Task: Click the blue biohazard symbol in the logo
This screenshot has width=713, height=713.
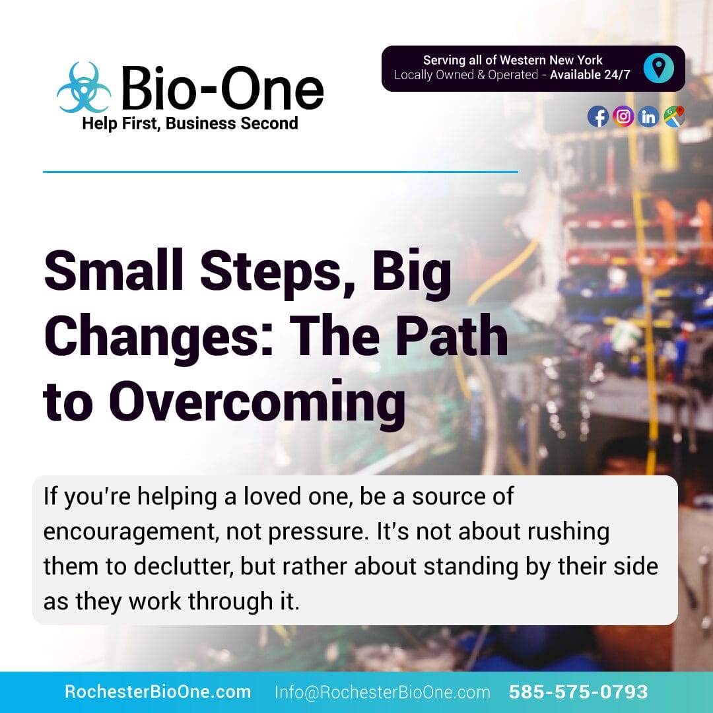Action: [x=84, y=88]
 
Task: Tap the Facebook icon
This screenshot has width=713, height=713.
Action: [x=598, y=117]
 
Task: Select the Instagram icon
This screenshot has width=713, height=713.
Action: [x=623, y=117]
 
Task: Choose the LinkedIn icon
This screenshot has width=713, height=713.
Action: [x=648, y=117]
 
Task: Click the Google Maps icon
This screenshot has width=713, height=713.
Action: [x=674, y=117]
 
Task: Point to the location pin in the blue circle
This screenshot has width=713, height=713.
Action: [x=658, y=68]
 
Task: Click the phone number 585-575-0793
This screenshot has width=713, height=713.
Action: [x=578, y=692]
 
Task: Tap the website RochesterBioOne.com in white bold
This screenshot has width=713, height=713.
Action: [x=158, y=692]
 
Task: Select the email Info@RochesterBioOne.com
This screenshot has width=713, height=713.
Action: [x=382, y=692]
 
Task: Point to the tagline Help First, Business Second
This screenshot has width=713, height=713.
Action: [x=189, y=123]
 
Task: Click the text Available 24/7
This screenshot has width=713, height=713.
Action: [x=590, y=75]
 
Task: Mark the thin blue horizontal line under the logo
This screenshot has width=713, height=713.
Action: [x=280, y=172]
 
